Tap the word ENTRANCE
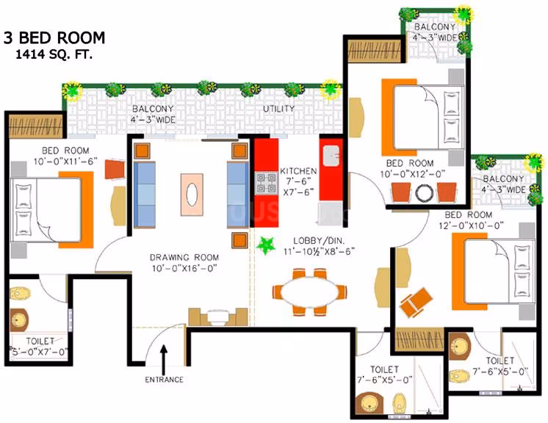tap(165, 380)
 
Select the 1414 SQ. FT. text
tap(54, 54)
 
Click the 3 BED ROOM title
tap(54, 37)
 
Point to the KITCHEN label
tap(298, 171)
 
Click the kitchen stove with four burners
tap(266, 183)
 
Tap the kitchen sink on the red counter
tap(331, 156)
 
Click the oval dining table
tap(309, 292)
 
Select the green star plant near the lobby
tap(266, 245)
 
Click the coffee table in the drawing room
tap(192, 195)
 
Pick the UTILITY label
tap(279, 109)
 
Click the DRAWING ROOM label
tap(184, 258)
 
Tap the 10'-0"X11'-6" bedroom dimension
tap(65, 162)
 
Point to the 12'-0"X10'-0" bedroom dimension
tap(471, 225)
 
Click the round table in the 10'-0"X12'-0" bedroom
tap(425, 192)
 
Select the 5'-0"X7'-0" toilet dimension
tap(39, 352)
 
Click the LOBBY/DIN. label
tap(319, 240)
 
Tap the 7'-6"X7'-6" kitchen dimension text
tap(298, 187)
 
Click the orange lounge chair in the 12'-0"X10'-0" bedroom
tap(417, 303)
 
